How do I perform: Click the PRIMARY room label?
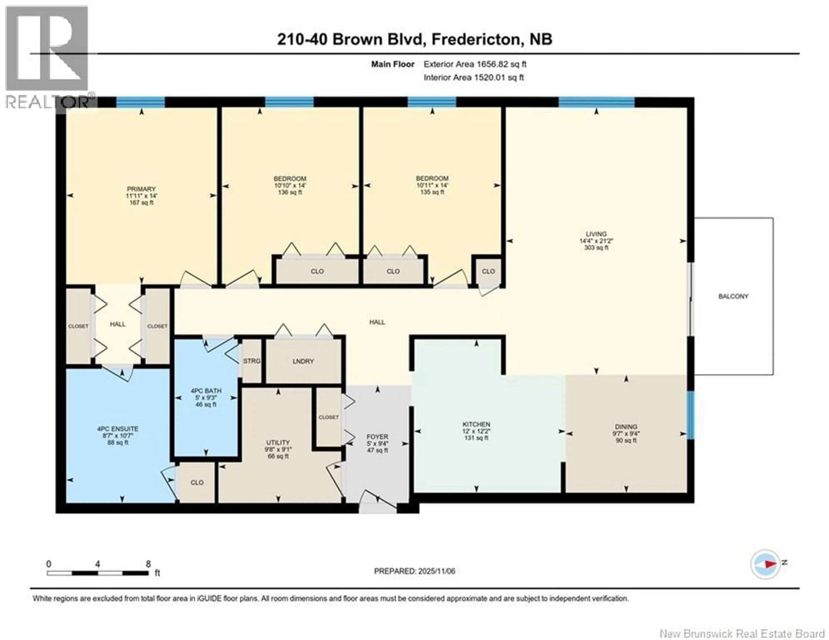(141, 189)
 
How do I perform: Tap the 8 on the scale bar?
(148, 564)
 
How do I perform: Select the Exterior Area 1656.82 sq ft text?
(475, 64)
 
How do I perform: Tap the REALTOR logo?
(47, 57)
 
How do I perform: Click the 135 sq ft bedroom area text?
(432, 192)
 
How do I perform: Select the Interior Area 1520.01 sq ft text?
(473, 78)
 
